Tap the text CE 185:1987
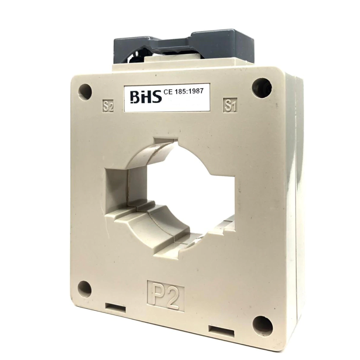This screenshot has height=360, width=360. pos(184,91)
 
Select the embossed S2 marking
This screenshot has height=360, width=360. pos(108,107)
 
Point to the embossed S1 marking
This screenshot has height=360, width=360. pos(231,105)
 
